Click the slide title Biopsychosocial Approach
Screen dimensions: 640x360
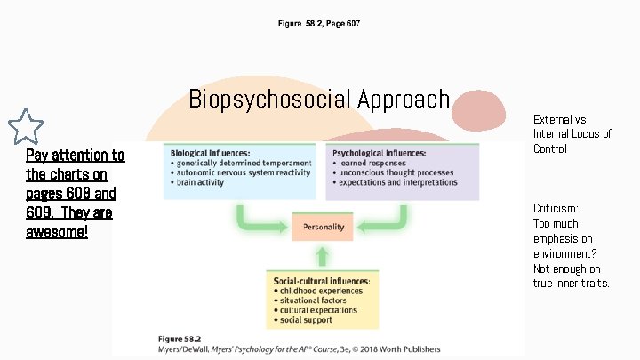point(319,99)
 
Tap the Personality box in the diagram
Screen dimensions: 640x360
point(324,227)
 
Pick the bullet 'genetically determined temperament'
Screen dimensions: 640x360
point(244,163)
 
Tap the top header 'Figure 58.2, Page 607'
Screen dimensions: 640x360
point(318,22)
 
